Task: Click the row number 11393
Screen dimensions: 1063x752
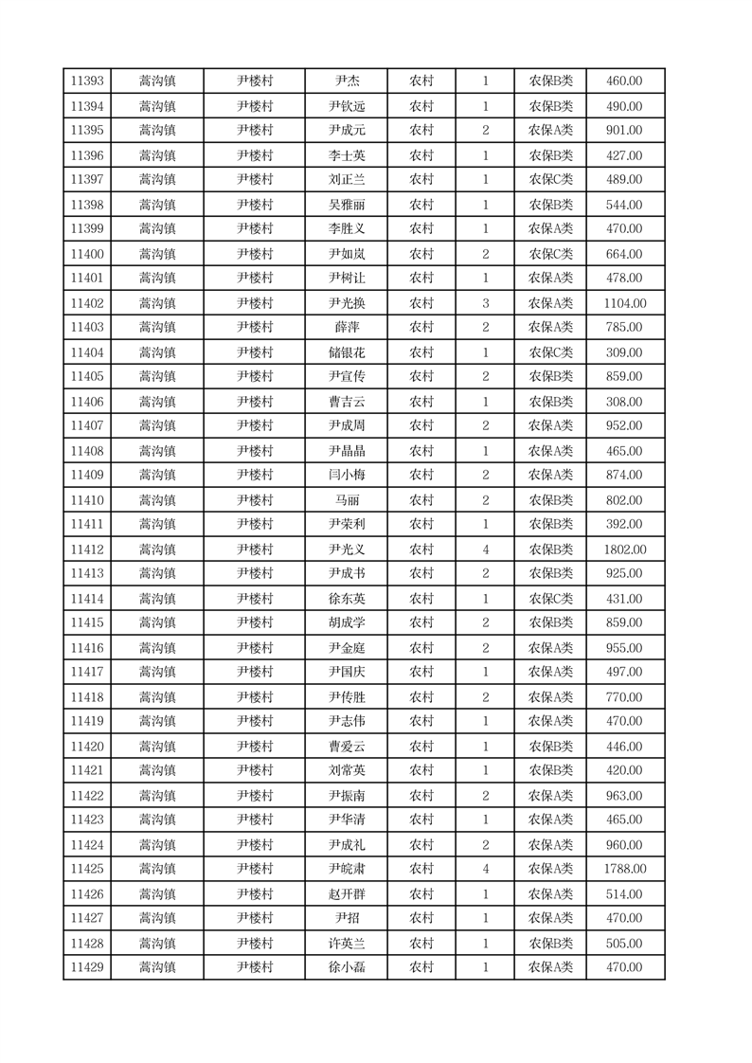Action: pyautogui.click(x=87, y=81)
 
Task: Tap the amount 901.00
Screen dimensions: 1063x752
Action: pyautogui.click(x=624, y=131)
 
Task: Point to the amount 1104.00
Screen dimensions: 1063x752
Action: pyautogui.click(x=624, y=303)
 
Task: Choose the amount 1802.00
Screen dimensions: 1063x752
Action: pyautogui.click(x=624, y=550)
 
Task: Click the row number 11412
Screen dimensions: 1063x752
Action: pyautogui.click(x=87, y=550)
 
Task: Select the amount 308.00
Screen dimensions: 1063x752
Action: pyautogui.click(x=624, y=402)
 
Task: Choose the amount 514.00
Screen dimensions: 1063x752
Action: pyautogui.click(x=624, y=894)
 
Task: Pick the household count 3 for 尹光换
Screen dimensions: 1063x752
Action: pyautogui.click(x=486, y=303)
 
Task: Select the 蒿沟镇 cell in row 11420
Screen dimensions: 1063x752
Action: pyautogui.click(x=157, y=747)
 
